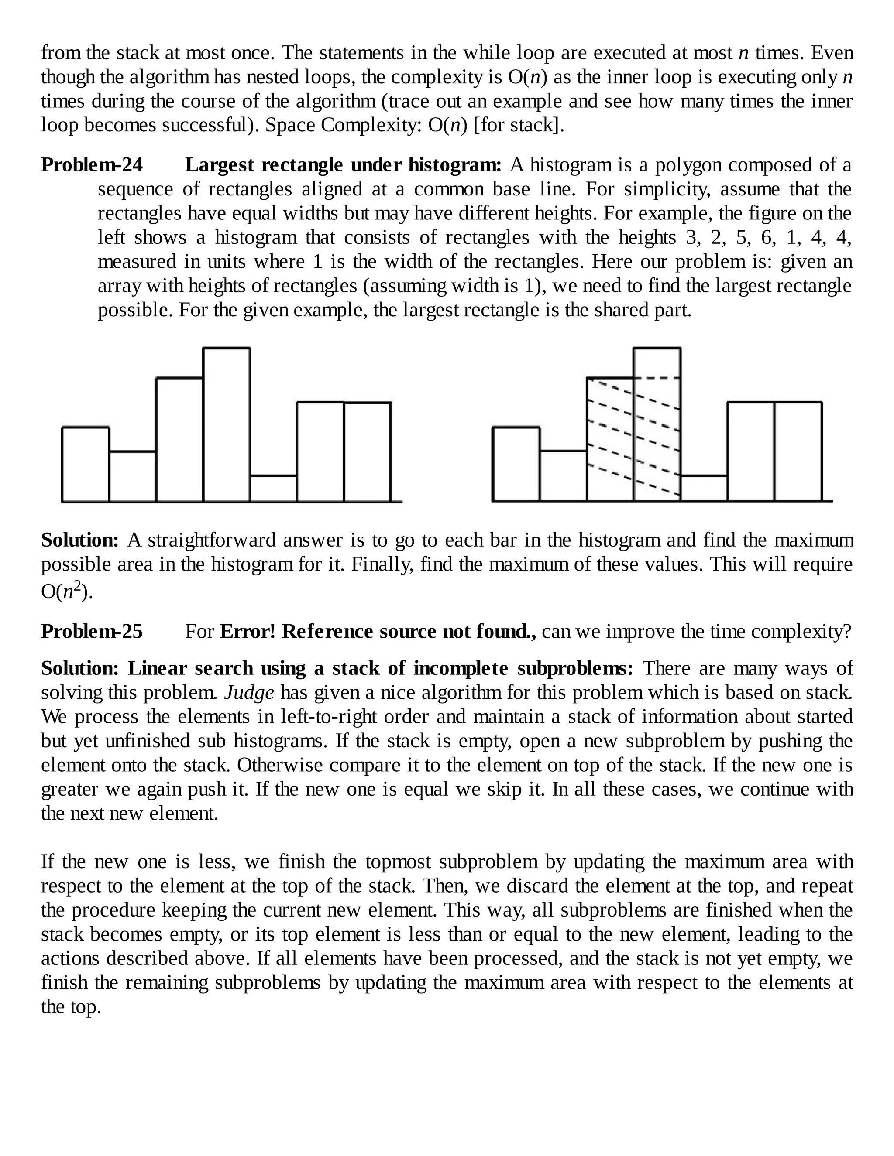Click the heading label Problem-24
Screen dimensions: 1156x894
coord(92,165)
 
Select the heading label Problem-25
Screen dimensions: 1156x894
coord(92,632)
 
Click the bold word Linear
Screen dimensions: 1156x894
coord(157,668)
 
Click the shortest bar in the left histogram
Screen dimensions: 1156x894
coord(273,489)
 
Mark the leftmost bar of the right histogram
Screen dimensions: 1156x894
coord(516,464)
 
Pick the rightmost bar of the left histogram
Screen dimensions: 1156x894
coord(368,451)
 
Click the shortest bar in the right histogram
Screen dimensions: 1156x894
coord(704,488)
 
